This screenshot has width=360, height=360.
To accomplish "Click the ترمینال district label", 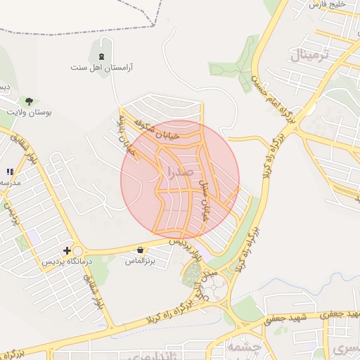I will pyautogui.click(x=309, y=54).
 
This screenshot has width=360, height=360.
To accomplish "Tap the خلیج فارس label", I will pyautogui.click(x=328, y=6).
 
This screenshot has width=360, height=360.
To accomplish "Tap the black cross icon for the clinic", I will pyautogui.click(x=67, y=250).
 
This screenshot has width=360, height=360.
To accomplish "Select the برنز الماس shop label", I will pyautogui.click(x=140, y=261).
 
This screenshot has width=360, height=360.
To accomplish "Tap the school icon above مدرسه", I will pyautogui.click(x=10, y=172).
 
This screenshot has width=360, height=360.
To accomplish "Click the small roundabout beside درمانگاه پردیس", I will pyautogui.click(x=77, y=252).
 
